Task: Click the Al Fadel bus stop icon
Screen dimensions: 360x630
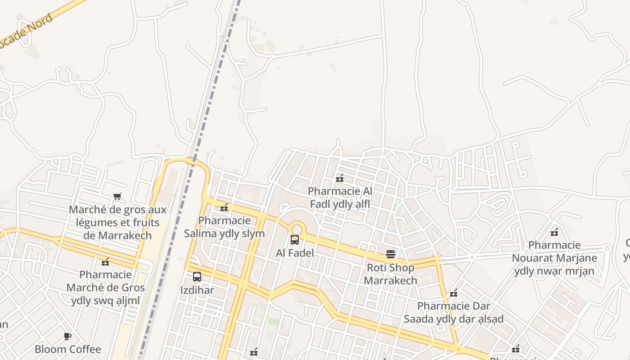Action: [x=295, y=240]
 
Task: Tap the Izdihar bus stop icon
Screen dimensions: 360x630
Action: [x=197, y=277]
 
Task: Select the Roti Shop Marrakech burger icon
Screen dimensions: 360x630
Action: [x=391, y=254]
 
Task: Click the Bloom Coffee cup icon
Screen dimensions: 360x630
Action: [x=67, y=336]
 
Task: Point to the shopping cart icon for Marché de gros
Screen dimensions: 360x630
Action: [x=117, y=196]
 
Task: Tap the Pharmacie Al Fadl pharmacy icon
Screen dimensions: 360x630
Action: [x=340, y=178]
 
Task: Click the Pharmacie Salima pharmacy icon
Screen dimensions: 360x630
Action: [x=224, y=207]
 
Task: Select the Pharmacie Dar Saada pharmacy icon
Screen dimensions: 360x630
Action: [x=454, y=293]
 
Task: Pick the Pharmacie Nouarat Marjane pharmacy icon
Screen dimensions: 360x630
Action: [x=554, y=232]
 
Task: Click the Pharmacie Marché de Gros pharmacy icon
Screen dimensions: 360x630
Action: [x=105, y=262]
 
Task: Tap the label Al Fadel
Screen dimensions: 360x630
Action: [x=295, y=253]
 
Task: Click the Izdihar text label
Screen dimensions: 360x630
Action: [x=197, y=290]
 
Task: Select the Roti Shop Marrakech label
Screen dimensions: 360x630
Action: [x=391, y=274]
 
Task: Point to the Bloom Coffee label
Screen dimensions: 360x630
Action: [x=68, y=349]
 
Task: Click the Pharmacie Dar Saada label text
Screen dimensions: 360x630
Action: [x=453, y=312]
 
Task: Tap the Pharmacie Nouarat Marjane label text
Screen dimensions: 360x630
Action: [x=554, y=258]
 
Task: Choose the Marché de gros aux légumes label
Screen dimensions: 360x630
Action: [x=117, y=222]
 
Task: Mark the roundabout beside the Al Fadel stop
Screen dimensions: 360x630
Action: [x=297, y=228]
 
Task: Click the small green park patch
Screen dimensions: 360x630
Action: [x=274, y=322]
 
